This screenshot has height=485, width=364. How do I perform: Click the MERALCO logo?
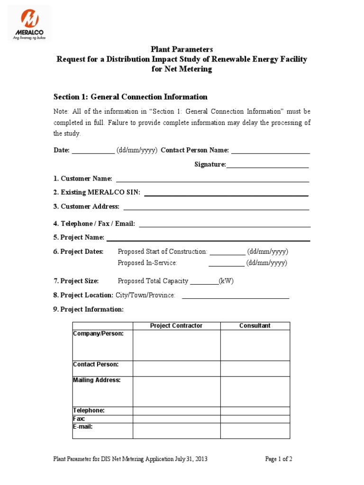29,24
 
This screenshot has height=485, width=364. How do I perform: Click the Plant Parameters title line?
182,49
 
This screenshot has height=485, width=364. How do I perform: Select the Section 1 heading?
130,97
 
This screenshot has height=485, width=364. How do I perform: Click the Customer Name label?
83,179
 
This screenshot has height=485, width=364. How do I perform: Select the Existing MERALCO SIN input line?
226,194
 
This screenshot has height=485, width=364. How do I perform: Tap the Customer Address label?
86,207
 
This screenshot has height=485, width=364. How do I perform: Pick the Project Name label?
79,238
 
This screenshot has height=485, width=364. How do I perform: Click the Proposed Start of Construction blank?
227,254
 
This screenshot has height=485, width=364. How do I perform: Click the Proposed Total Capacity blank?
204,283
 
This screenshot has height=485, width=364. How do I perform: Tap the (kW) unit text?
226,281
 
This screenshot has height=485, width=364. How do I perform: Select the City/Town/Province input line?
236,297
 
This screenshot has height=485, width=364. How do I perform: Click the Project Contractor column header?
176,326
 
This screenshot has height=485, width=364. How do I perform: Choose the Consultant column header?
255,326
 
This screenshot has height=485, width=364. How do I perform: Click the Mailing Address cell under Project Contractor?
176,391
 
